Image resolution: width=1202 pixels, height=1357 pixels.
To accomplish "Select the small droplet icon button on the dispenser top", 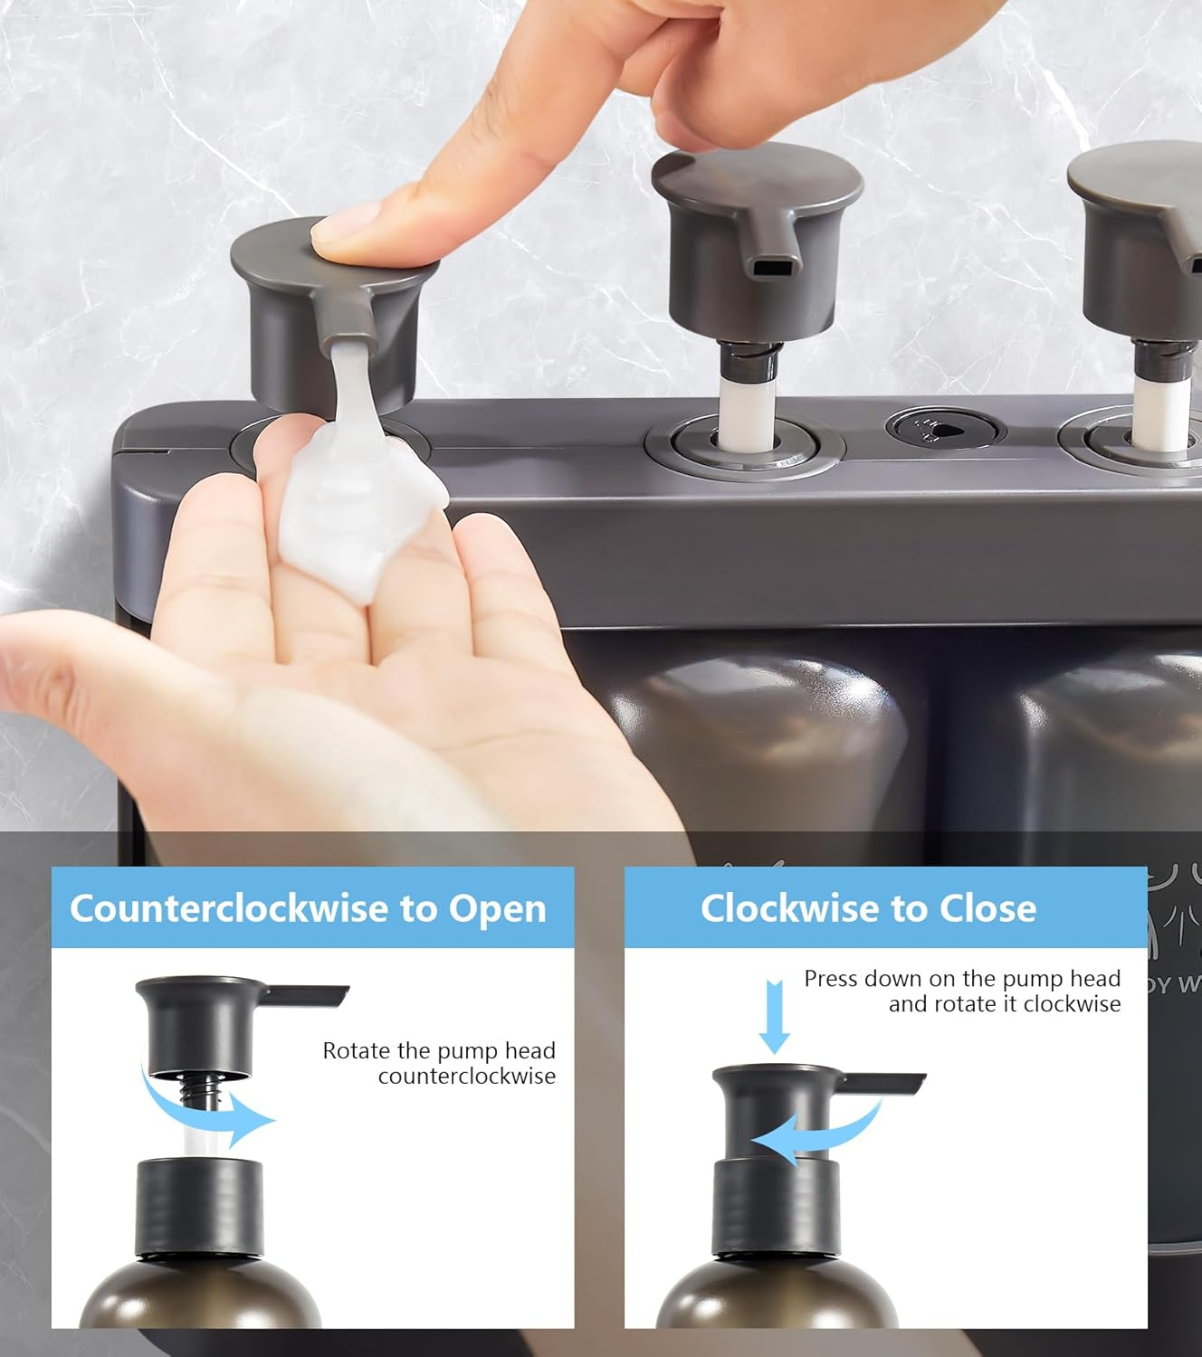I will [x=944, y=428].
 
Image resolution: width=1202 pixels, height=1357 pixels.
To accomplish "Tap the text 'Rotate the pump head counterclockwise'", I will [x=439, y=1063].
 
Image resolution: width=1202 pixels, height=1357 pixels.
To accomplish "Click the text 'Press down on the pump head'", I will [x=962, y=979].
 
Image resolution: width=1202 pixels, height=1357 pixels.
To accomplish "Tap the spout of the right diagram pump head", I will [x=882, y=1082].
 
